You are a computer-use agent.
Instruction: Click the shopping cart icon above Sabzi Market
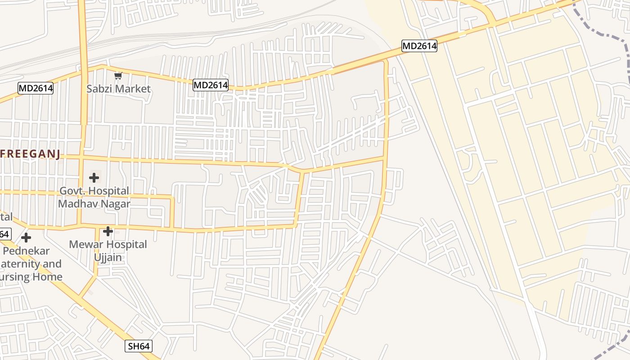[118, 76]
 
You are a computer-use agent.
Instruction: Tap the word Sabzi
[99, 89]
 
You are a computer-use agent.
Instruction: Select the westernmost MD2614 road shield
[36, 88]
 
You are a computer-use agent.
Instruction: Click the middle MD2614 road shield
[211, 85]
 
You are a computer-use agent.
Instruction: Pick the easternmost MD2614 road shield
[419, 45]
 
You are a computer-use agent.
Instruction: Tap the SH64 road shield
[139, 346]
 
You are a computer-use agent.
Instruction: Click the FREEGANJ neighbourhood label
[30, 154]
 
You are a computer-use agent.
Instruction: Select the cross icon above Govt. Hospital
[94, 178]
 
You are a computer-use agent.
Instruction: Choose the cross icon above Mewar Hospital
[108, 231]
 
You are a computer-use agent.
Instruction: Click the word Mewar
[86, 244]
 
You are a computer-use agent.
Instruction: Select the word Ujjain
[108, 257]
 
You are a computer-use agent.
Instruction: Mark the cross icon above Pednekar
[27, 237]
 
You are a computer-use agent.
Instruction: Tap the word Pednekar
[27, 251]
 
